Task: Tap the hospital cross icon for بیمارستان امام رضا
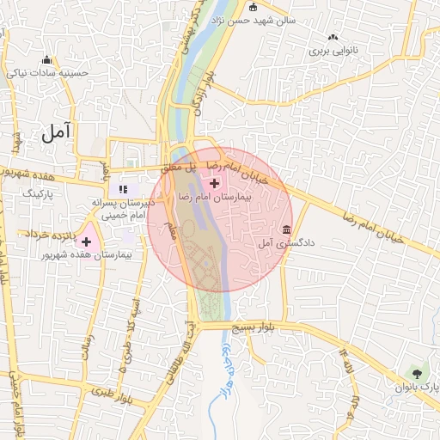coord(214,182)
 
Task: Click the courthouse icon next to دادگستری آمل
coord(286,230)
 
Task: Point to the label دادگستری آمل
coord(287,244)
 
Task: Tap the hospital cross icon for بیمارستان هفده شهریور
coord(86,242)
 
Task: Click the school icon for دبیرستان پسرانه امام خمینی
coord(123,188)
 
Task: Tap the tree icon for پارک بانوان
coord(417,374)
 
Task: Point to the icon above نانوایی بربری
coord(333,37)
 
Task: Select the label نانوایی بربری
coord(332,51)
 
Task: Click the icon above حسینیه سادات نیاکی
coord(47,60)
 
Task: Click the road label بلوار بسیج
coord(259,328)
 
